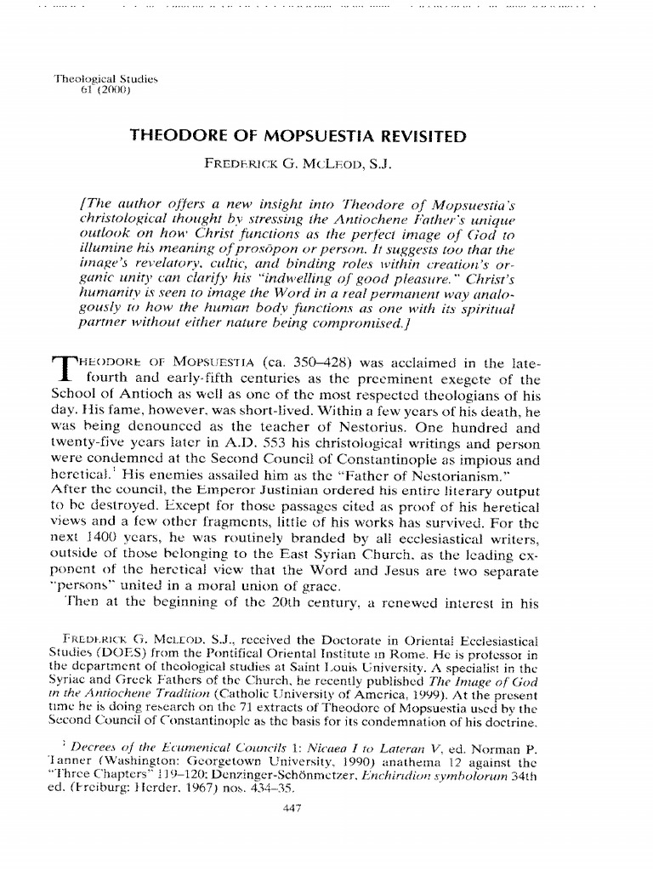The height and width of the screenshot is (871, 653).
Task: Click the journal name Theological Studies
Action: click(x=106, y=78)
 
